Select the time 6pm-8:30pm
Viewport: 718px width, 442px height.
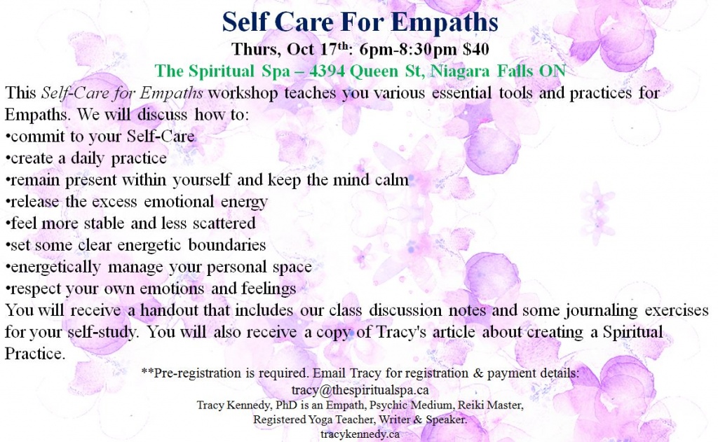point(408,50)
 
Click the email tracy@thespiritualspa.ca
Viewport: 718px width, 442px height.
point(360,390)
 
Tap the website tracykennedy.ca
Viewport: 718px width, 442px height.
point(360,434)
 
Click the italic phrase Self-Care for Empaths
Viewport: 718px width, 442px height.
point(122,93)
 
